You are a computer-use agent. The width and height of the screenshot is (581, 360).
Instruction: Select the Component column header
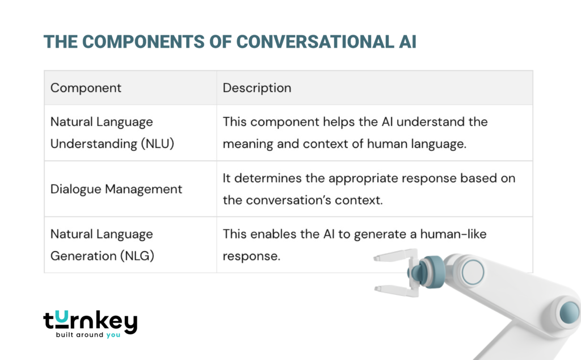point(86,88)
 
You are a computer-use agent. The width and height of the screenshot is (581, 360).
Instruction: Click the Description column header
point(256,88)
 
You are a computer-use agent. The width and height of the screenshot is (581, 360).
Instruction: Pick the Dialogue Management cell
point(116,189)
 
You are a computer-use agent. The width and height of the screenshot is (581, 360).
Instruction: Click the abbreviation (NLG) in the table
point(136,256)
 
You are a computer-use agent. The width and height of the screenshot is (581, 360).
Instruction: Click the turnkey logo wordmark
point(90,322)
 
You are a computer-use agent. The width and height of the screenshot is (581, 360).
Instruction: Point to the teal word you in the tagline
point(113,335)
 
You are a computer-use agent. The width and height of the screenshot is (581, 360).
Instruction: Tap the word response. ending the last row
point(251,256)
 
